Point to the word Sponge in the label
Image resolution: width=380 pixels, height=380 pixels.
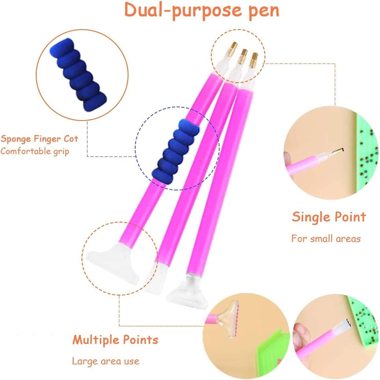[x=16, y=139]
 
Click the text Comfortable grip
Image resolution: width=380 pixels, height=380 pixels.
[x=35, y=151]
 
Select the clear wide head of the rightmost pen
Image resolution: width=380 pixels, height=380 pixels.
[x=187, y=291]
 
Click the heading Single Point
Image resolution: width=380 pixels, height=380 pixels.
[x=329, y=217]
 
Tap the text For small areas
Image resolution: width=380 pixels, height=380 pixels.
[x=326, y=239]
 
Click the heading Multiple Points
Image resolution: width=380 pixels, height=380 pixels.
[x=115, y=340]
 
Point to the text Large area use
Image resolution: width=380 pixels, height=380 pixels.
[x=106, y=361]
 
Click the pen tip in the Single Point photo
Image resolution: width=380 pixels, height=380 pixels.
[x=337, y=151]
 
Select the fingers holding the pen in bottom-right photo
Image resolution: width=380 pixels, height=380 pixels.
[x=300, y=334]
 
